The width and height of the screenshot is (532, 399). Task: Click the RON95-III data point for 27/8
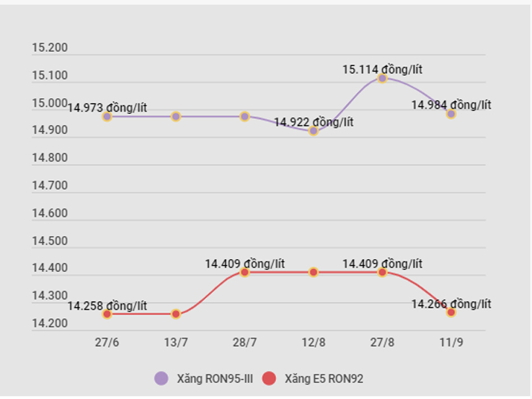[382, 78]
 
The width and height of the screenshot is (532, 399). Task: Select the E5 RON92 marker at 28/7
[244, 272]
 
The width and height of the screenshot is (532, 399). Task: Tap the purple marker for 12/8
[314, 131]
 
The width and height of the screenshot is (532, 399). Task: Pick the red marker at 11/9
[451, 312]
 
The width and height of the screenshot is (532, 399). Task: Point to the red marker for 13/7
[176, 314]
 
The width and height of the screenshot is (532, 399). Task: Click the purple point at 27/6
[107, 116]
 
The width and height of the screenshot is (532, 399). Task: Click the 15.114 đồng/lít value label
[382, 69]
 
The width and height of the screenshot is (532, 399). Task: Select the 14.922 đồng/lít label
[314, 122]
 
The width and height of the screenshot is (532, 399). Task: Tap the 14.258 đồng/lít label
[107, 306]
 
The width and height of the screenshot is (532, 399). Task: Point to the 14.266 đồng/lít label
[451, 304]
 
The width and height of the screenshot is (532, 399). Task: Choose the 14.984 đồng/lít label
[451, 105]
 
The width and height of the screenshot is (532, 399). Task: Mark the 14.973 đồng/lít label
[107, 108]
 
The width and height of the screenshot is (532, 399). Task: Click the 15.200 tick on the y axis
[50, 48]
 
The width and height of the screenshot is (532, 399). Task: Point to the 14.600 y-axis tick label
[50, 214]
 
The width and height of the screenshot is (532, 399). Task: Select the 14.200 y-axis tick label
[50, 324]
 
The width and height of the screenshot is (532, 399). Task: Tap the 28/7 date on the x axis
[244, 341]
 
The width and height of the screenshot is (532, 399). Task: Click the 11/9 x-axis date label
[451, 341]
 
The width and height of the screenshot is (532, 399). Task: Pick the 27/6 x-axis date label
[107, 341]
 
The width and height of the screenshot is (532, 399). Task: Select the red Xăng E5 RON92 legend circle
[270, 378]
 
